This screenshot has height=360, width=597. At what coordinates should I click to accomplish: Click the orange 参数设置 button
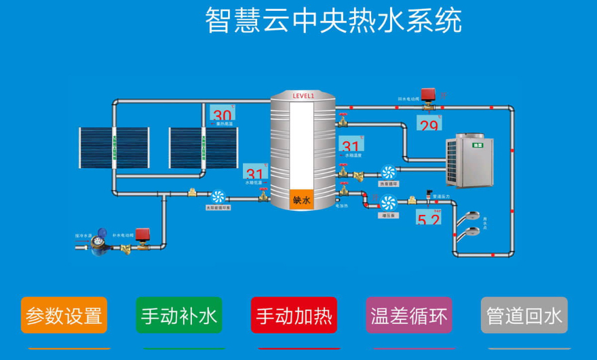pyautogui.click(x=64, y=315)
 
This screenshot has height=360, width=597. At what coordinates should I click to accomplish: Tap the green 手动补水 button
pyautogui.click(x=179, y=315)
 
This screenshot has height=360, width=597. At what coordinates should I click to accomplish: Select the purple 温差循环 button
pyautogui.click(x=408, y=315)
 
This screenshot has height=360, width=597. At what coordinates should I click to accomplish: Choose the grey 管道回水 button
pyautogui.click(x=524, y=315)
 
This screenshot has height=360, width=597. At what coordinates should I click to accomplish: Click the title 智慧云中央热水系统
pyautogui.click(x=333, y=21)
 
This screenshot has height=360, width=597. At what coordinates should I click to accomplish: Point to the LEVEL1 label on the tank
pyautogui.click(x=303, y=96)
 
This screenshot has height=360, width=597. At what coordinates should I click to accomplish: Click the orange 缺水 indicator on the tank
pyautogui.click(x=302, y=200)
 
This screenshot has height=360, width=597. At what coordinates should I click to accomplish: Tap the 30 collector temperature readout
pyautogui.click(x=222, y=114)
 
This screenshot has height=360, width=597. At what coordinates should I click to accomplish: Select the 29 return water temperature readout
pyautogui.click(x=429, y=124)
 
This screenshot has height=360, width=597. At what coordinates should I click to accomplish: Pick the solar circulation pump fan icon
pyautogui.click(x=218, y=196)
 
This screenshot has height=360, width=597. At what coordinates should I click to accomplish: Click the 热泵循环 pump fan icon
pyautogui.click(x=388, y=172)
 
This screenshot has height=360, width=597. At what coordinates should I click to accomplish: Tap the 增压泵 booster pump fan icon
pyautogui.click(x=388, y=202)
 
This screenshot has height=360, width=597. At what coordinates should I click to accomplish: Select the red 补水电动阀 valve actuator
pyautogui.click(x=142, y=235)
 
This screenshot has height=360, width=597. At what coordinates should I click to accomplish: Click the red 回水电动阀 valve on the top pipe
pyautogui.click(x=428, y=95)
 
